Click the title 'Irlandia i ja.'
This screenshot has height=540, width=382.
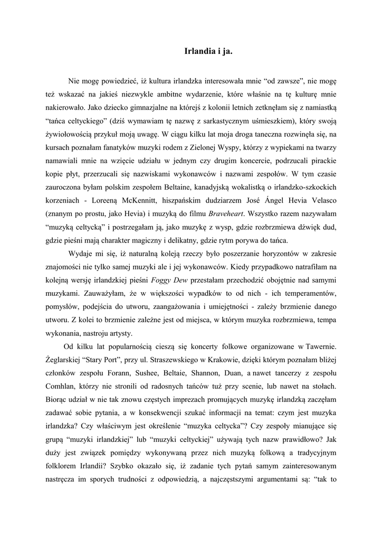(x=208, y=52)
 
